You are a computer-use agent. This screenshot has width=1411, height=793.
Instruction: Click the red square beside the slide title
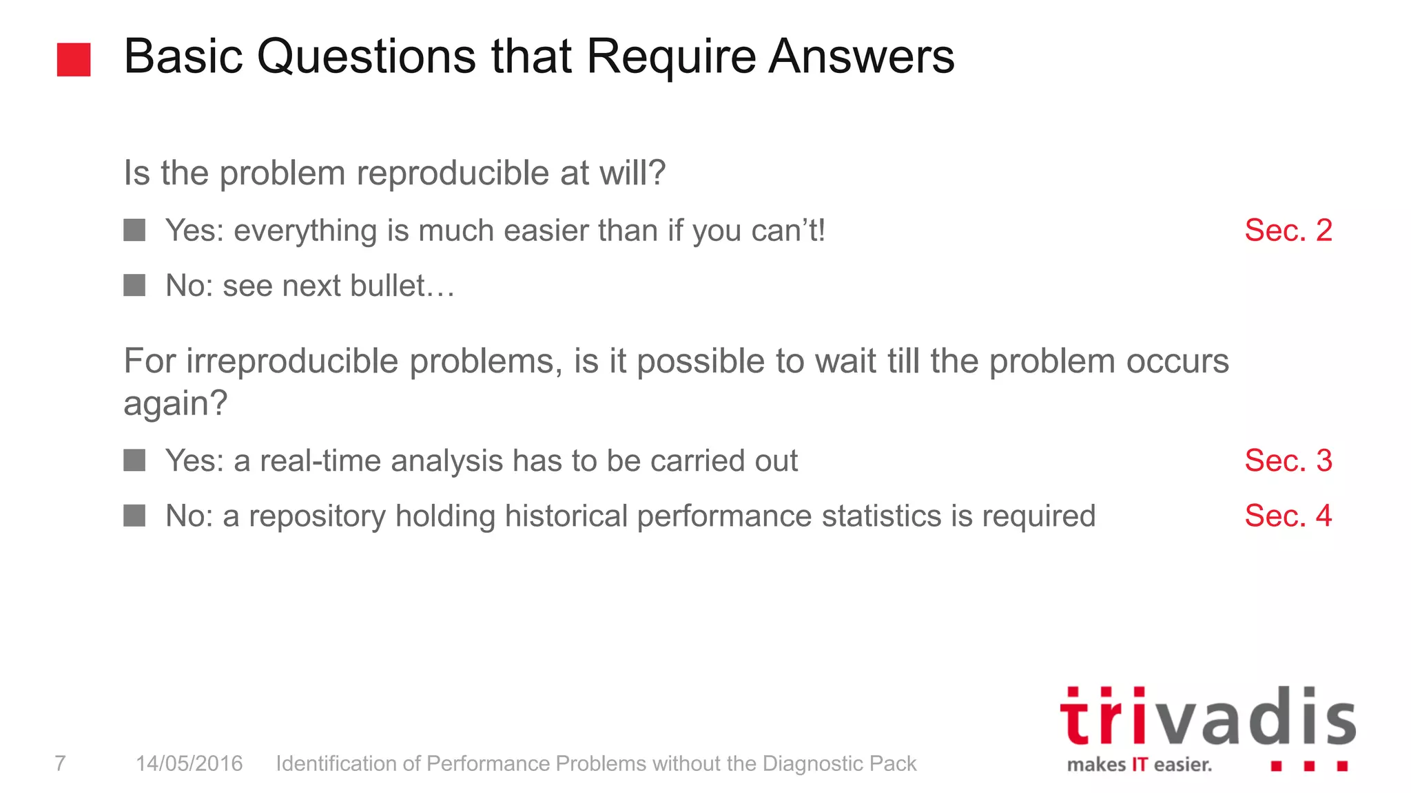pyautogui.click(x=74, y=59)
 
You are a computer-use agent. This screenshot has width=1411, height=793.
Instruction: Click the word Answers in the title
pyautogui.click(x=861, y=56)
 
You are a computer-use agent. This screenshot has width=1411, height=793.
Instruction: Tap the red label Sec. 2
pyautogui.click(x=1288, y=231)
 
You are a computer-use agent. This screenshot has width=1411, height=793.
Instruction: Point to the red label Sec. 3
pyautogui.click(x=1288, y=461)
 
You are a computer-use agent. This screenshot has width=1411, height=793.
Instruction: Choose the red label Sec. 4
pyautogui.click(x=1288, y=516)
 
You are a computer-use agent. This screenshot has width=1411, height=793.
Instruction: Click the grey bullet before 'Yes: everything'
pyautogui.click(x=134, y=231)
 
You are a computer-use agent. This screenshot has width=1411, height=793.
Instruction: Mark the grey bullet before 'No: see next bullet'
pyautogui.click(x=134, y=285)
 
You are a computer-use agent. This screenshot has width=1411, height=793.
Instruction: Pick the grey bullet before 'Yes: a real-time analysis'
pyautogui.click(x=134, y=461)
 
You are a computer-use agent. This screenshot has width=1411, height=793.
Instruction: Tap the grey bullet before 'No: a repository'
pyautogui.click(x=134, y=516)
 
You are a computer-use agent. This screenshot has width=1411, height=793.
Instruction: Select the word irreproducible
pyautogui.click(x=291, y=361)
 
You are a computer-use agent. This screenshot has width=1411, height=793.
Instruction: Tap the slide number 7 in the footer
pyautogui.click(x=60, y=763)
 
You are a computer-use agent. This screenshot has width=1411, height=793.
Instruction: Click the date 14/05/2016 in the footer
pyautogui.click(x=189, y=763)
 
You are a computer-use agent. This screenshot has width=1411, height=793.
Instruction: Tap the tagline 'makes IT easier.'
pyautogui.click(x=1139, y=765)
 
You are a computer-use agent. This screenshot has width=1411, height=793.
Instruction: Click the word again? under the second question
pyautogui.click(x=175, y=403)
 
